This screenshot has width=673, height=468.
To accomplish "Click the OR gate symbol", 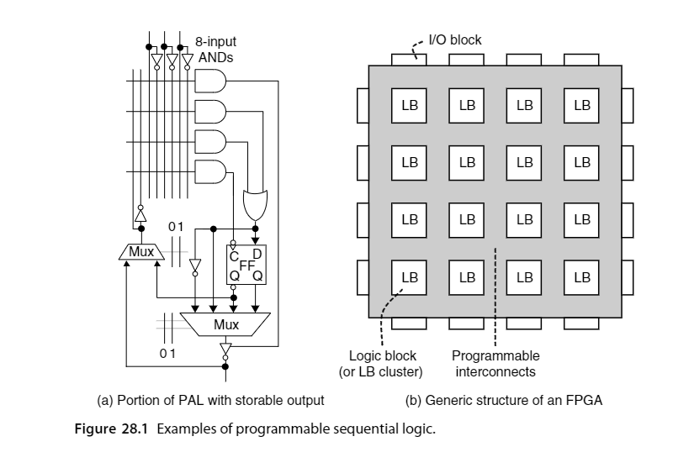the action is pyautogui.click(x=256, y=204).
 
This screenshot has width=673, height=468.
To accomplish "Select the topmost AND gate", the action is pyautogui.click(x=210, y=81).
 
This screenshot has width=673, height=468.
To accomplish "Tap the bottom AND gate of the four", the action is pyautogui.click(x=210, y=172).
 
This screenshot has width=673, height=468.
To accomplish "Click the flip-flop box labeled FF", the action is pyautogui.click(x=246, y=265).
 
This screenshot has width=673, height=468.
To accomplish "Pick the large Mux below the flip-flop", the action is pyautogui.click(x=225, y=324).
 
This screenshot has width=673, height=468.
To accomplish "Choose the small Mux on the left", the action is pyautogui.click(x=141, y=251).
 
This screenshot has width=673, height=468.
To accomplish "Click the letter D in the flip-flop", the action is pyautogui.click(x=257, y=254).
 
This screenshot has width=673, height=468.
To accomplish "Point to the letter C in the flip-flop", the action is pyautogui.click(x=234, y=256).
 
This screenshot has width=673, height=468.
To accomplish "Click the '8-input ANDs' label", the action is pyautogui.click(x=215, y=50).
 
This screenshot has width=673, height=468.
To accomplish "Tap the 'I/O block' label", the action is pyautogui.click(x=455, y=39).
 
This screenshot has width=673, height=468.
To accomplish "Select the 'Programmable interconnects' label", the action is pyautogui.click(x=495, y=364).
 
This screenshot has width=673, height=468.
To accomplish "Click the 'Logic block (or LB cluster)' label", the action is pyautogui.click(x=381, y=364).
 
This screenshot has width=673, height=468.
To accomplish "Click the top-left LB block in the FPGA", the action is pyautogui.click(x=409, y=105).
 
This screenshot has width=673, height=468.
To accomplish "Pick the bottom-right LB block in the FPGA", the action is pyautogui.click(x=581, y=278).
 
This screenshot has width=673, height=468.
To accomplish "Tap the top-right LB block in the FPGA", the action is pyautogui.click(x=581, y=105).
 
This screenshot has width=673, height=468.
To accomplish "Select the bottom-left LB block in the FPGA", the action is pyautogui.click(x=409, y=278).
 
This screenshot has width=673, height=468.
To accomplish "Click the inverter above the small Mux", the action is pyautogui.click(x=140, y=214).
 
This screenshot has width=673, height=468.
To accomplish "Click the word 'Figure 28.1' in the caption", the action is pyautogui.click(x=111, y=429).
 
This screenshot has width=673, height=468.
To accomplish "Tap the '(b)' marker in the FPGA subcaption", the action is pyautogui.click(x=413, y=400).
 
